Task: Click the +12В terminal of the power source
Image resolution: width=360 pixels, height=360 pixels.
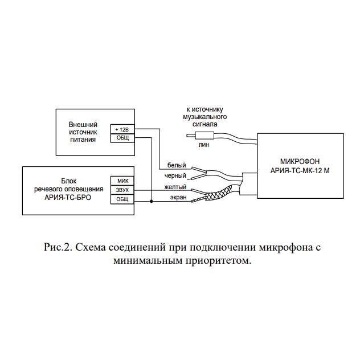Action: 122,129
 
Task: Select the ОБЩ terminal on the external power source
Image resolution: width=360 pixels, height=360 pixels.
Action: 122,138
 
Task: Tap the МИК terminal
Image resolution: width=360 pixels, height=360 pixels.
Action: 122,181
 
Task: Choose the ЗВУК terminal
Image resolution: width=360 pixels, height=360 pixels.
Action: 122,190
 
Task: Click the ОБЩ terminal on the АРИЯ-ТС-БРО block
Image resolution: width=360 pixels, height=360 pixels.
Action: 122,199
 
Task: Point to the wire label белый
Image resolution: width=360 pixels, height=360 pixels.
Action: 177,165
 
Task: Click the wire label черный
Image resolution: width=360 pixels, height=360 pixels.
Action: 175,176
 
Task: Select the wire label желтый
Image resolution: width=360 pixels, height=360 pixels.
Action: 175,187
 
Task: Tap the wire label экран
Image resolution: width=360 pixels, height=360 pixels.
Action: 178,197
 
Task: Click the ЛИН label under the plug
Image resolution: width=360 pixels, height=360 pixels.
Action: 204,145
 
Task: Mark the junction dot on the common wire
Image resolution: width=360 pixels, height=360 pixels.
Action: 152,201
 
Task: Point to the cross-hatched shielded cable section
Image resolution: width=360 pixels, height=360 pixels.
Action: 219,193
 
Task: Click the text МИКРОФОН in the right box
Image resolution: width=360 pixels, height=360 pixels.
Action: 300,161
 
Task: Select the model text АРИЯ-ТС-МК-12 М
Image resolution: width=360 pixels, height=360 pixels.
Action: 300,171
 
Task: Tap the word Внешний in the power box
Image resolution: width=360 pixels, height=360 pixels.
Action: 83,125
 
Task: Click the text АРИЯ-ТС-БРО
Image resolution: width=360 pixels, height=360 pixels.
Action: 68,197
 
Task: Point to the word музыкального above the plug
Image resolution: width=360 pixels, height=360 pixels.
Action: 205,117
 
